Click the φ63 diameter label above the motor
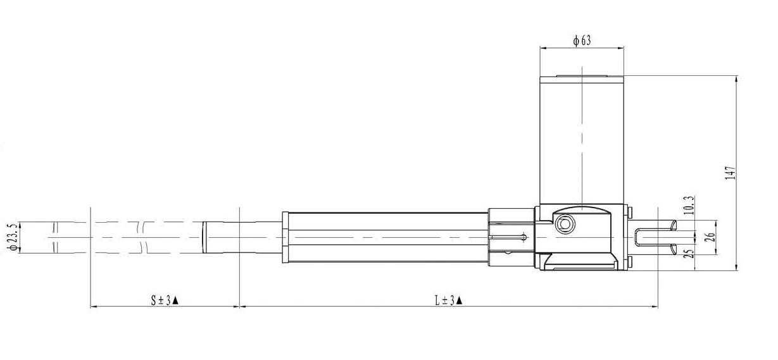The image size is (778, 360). pyautogui.click(x=582, y=40)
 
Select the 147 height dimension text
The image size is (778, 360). pyautogui.click(x=731, y=173)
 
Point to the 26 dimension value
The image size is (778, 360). pyautogui.click(x=710, y=237)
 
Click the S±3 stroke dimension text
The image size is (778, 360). pyautogui.click(x=161, y=300)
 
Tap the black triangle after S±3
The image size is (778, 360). pyautogui.click(x=175, y=301)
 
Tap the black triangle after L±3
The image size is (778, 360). pyautogui.click(x=458, y=301)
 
